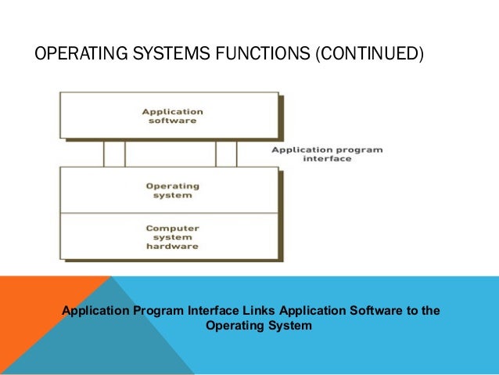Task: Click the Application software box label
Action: click(169, 116)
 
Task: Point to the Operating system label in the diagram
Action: click(173, 191)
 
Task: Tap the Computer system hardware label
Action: click(173, 237)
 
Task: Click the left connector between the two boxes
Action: click(114, 153)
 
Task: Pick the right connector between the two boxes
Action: click(226, 153)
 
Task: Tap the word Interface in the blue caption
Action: click(218, 311)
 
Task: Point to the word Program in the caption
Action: click(161, 311)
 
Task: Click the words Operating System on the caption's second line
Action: click(258, 326)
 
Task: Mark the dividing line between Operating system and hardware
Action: click(169, 213)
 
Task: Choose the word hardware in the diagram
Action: click(173, 246)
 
